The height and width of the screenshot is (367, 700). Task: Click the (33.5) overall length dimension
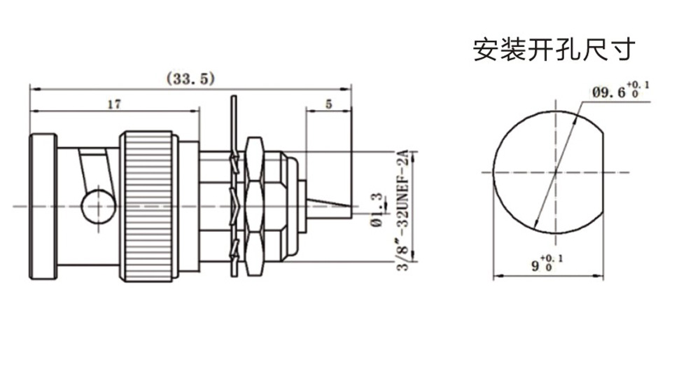189,78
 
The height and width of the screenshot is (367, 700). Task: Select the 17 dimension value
114,104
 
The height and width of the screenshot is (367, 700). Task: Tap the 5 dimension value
329,104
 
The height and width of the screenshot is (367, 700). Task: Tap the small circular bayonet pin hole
94,207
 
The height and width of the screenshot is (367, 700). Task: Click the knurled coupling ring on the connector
147,206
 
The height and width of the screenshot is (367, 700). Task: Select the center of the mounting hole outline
554,171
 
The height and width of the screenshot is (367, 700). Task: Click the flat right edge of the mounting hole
603,171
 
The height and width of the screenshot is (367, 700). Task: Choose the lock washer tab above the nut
234,116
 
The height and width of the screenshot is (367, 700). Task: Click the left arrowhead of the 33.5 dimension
32,89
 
